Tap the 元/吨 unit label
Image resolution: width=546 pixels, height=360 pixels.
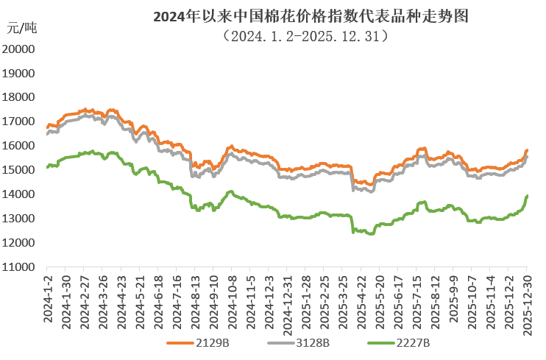coord(21,29)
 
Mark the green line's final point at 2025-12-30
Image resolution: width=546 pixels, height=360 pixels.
coord(527,196)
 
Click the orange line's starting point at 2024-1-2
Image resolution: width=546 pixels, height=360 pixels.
coord(47,127)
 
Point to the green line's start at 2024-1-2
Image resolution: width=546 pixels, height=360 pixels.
coord(47,167)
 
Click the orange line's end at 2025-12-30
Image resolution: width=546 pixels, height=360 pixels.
coord(527,151)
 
